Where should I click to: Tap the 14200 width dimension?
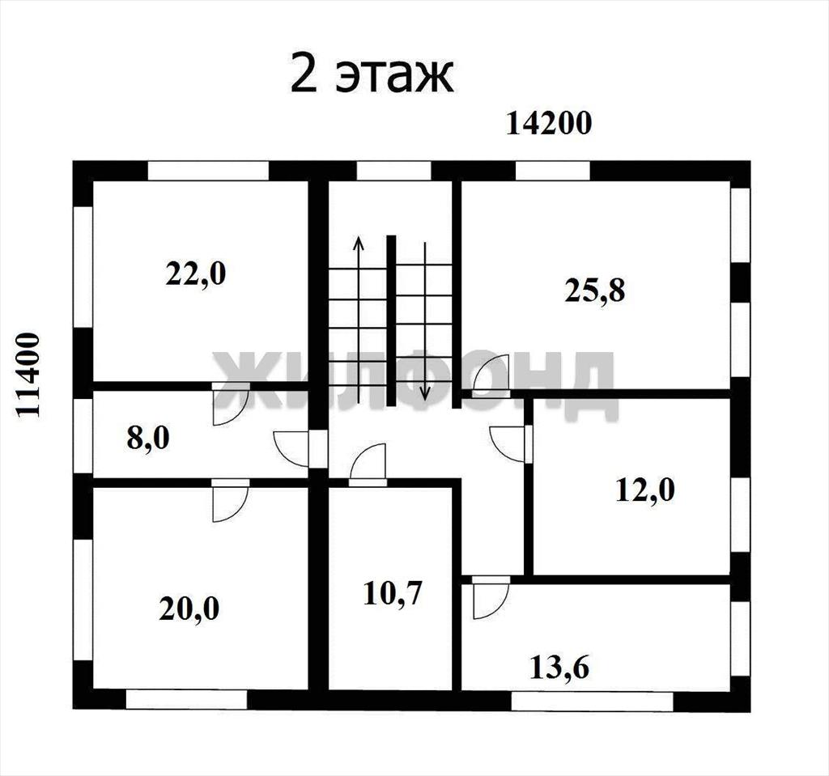pyautogui.click(x=549, y=124)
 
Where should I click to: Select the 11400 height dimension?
pyautogui.click(x=28, y=375)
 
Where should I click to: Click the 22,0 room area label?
pyautogui.click(x=196, y=274)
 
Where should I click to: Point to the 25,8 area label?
pyautogui.click(x=595, y=290)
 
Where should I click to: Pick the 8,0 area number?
pyautogui.click(x=148, y=439)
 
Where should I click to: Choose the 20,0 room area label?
pyautogui.click(x=189, y=609)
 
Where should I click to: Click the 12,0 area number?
pyautogui.click(x=645, y=490)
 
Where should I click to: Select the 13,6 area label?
pyautogui.click(x=559, y=667)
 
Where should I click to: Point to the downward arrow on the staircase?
pyautogui.click(x=424, y=320)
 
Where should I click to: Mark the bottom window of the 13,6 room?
pyautogui.click(x=592, y=701)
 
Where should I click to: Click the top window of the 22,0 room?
pyautogui.click(x=208, y=171)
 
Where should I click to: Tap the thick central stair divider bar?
pyautogui.click(x=391, y=320)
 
